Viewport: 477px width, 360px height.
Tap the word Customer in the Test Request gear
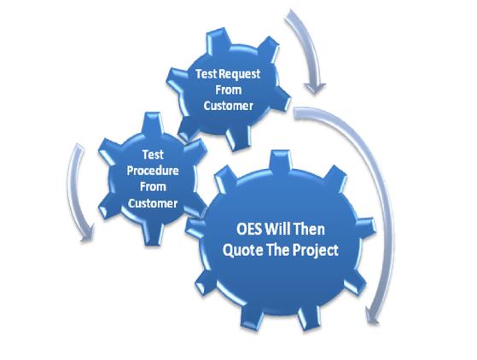(229, 106)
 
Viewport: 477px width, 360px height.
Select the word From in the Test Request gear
(229, 90)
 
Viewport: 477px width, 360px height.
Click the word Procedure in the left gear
(153, 171)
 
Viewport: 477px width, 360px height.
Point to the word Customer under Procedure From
(153, 203)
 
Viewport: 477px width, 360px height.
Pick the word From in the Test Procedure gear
(153, 187)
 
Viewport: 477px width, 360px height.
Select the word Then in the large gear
(308, 229)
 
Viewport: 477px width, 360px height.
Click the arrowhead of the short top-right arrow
(315, 88)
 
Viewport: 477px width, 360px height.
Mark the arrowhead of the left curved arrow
(87, 234)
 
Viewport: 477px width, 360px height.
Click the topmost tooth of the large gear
(281, 160)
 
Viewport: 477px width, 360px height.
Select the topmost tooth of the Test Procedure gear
(152, 123)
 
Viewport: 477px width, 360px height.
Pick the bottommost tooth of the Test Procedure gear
(153, 234)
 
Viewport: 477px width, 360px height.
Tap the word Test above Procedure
(153, 154)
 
